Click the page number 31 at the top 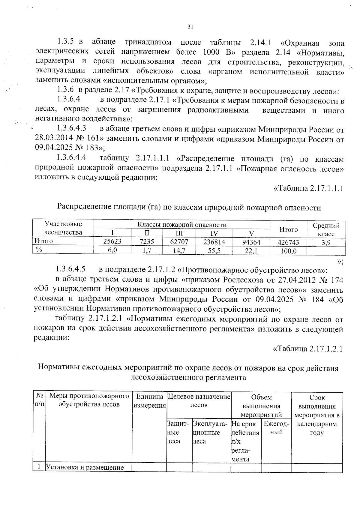pyautogui.click(x=190, y=27)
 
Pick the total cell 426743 pyautogui.click(x=288, y=242)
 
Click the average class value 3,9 pyautogui.click(x=326, y=243)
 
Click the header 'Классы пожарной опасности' pyautogui.click(x=182, y=225)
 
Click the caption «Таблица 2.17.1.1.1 pyautogui.click(x=308, y=188)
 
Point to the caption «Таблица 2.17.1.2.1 pyautogui.click(x=307, y=349)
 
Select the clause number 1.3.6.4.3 pyautogui.click(x=72, y=128)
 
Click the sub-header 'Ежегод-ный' pyautogui.click(x=276, y=428)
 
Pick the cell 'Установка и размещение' pyautogui.click(x=84, y=467)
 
